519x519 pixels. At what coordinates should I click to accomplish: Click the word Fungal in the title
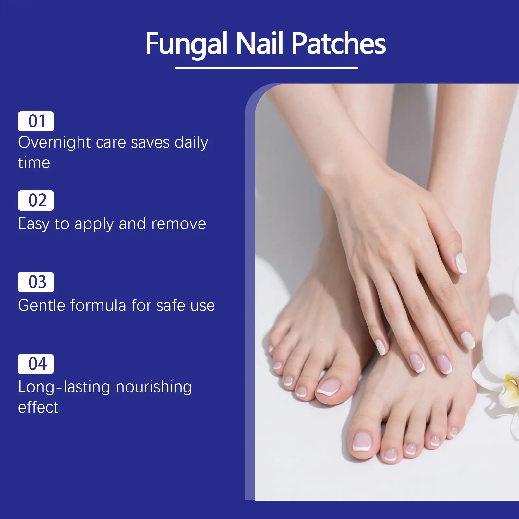[186, 44]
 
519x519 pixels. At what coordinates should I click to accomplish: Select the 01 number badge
[36, 121]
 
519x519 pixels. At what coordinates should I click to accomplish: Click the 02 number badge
[36, 200]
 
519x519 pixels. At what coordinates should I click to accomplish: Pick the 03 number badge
[36, 282]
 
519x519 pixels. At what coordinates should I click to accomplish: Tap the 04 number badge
[36, 364]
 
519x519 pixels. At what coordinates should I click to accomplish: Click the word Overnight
[54, 143]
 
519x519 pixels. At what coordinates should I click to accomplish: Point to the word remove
[178, 224]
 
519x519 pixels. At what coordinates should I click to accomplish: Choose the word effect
[38, 407]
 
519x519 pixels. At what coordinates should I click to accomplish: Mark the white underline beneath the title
[267, 67]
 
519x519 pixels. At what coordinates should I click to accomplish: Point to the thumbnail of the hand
[461, 263]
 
